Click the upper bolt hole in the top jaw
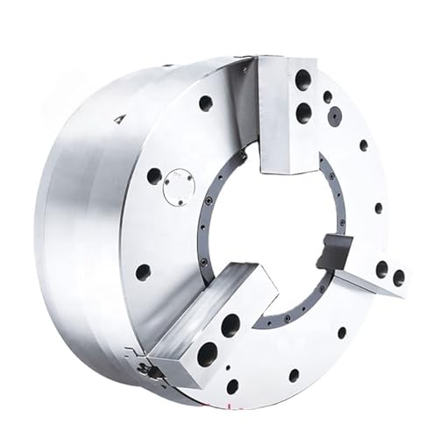pos(302,81)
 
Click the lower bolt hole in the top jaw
pos(303,111)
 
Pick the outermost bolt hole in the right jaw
pos(399,278)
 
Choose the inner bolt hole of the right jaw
pos(382,269)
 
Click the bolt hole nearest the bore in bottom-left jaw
pos(230,326)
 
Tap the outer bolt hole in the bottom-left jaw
pos(207,354)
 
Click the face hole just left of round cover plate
pos(154,175)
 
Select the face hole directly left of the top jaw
pos(206,102)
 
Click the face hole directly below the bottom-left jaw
pos(232,385)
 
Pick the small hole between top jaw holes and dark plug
pos(327,97)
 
